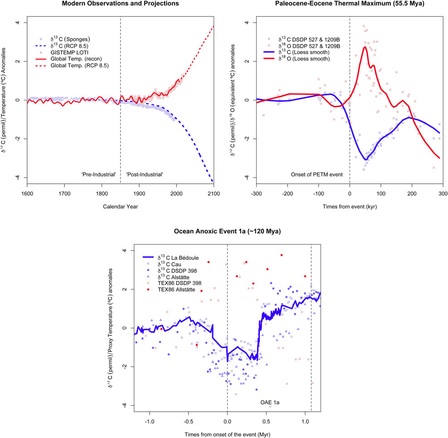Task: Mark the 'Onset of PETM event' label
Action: click(320, 174)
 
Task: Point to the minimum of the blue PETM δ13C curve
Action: click(365, 159)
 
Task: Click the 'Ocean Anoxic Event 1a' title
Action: click(227, 231)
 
